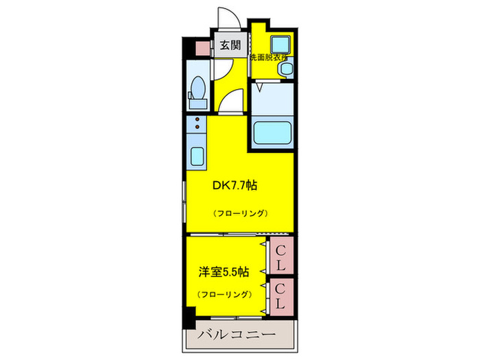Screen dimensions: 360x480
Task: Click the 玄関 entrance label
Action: click(230, 46)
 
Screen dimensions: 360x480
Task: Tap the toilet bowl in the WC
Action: click(198, 88)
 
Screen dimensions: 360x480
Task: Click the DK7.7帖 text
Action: click(238, 184)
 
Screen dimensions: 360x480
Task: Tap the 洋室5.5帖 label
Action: click(224, 270)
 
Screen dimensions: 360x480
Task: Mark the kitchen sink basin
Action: click(197, 156)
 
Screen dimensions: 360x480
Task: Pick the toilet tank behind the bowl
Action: click(198, 104)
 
